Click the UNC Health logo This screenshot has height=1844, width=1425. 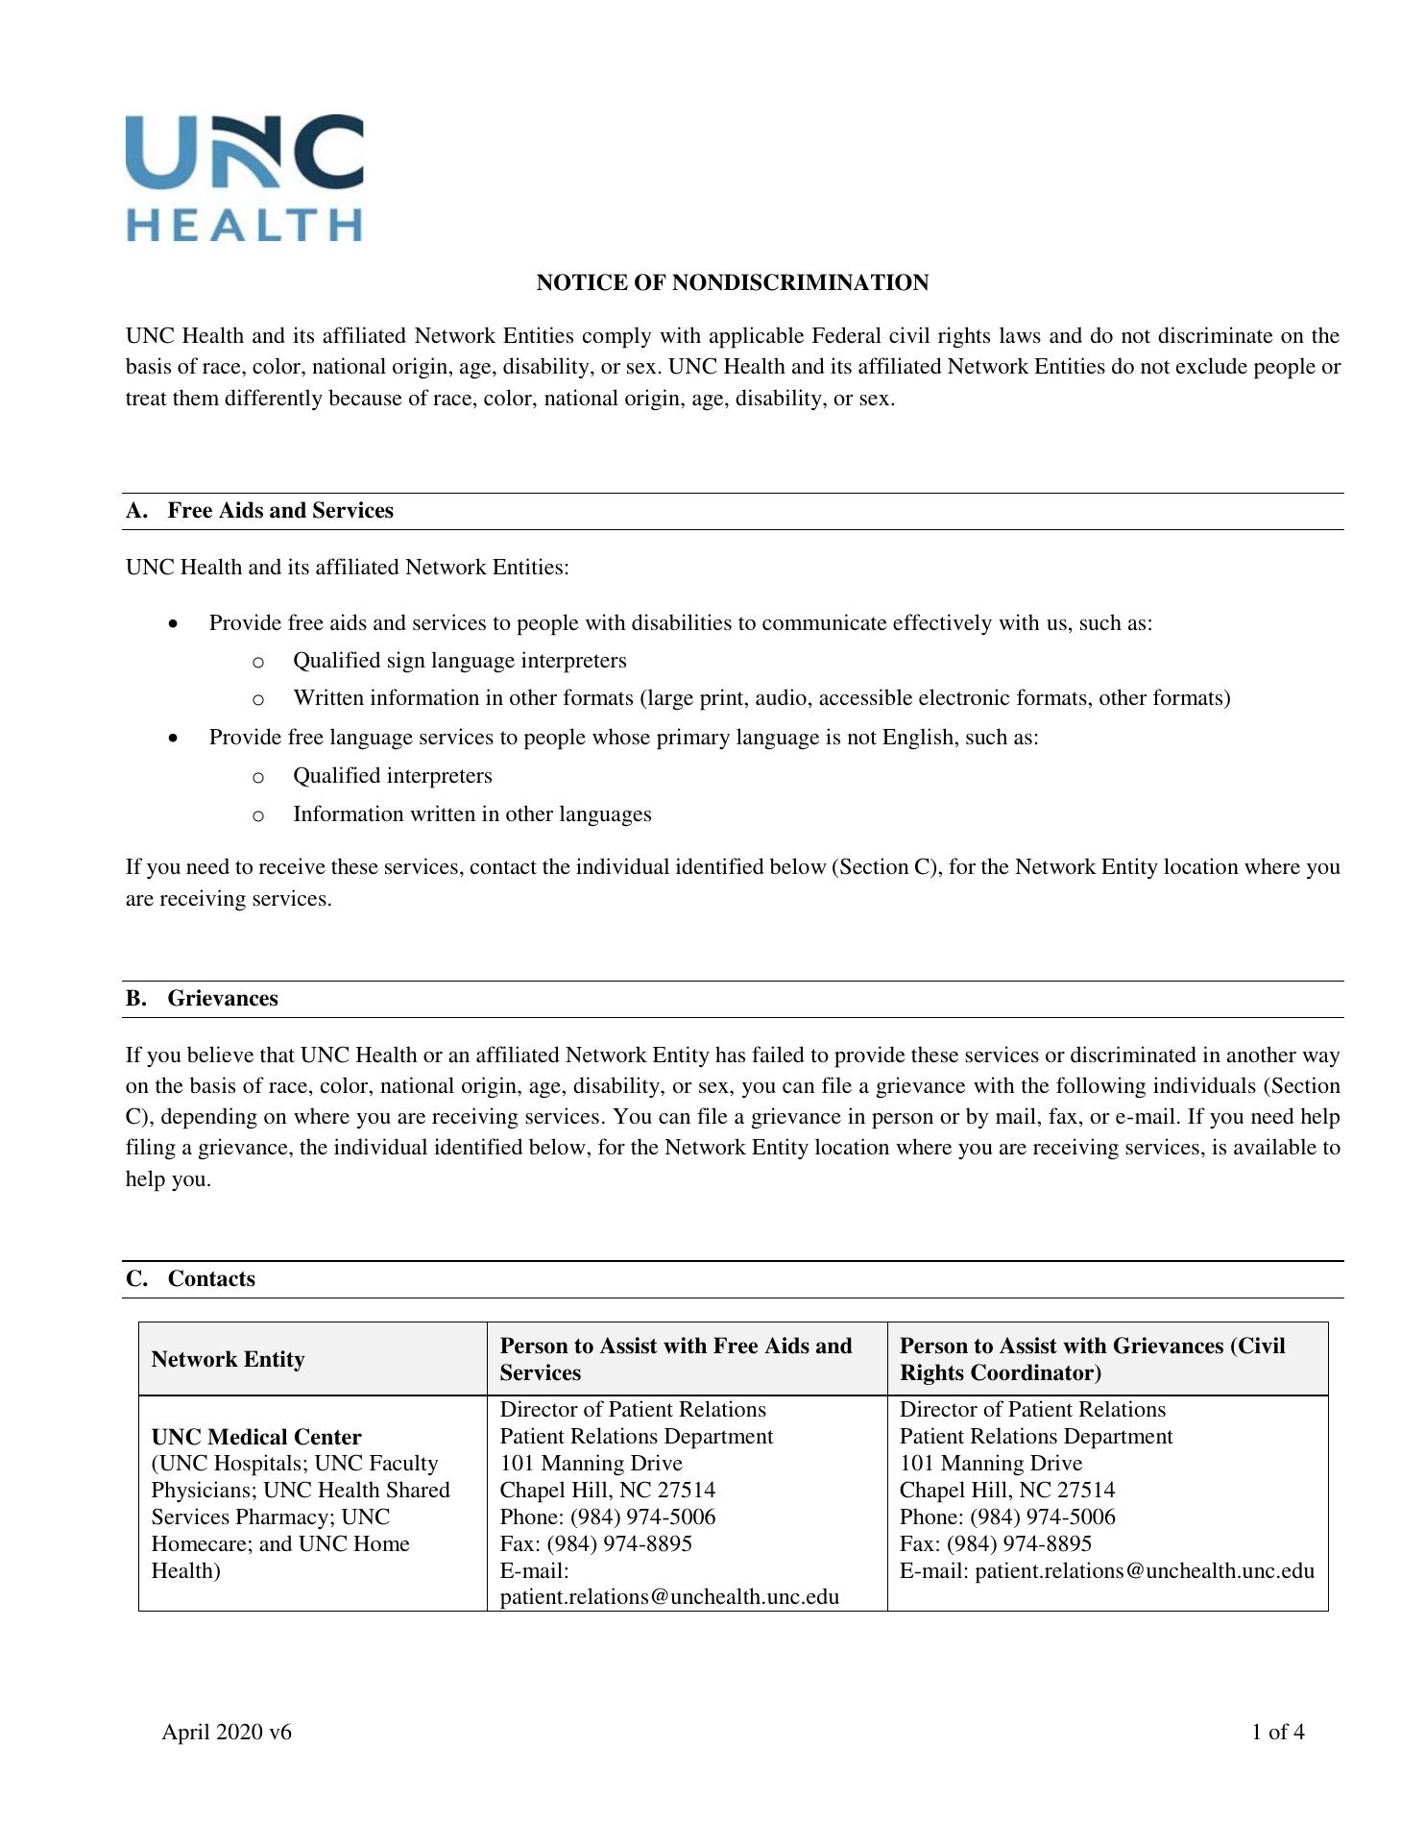[244, 178]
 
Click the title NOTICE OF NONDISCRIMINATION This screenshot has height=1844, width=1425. [732, 282]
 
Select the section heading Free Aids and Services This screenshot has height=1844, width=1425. [279, 511]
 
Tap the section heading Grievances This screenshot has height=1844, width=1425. [222, 999]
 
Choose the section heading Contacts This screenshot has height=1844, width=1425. [211, 1279]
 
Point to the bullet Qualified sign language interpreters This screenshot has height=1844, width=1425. [459, 661]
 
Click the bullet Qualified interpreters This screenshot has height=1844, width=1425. [392, 776]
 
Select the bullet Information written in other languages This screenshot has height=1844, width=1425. [471, 814]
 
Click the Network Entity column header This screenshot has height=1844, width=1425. [228, 1359]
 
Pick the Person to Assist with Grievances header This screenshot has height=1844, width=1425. [1092, 1359]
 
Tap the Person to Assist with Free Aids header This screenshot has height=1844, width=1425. [676, 1359]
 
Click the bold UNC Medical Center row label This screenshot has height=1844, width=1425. [256, 1437]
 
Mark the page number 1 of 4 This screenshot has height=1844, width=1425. [1277, 1732]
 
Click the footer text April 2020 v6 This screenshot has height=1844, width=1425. [227, 1732]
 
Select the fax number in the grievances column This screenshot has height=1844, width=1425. [1019, 1543]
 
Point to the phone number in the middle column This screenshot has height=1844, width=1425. [642, 1516]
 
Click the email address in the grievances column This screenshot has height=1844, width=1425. [1144, 1570]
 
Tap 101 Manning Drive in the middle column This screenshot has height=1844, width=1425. [591, 1463]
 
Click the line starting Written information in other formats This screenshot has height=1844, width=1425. [761, 698]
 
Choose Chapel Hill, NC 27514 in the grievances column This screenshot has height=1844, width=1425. [1006, 1490]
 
